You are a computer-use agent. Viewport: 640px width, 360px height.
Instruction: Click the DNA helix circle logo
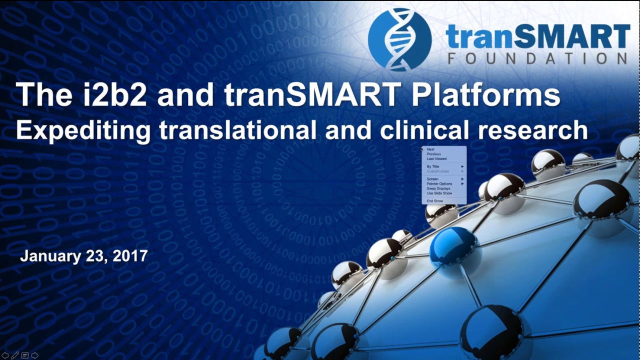tap(399, 39)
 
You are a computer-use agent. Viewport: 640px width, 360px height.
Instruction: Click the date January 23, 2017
tap(83, 256)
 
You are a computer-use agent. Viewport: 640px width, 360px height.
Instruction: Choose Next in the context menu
tap(430, 149)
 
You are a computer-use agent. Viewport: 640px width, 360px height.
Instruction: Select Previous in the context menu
tap(433, 154)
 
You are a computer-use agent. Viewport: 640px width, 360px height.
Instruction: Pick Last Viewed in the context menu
tap(436, 159)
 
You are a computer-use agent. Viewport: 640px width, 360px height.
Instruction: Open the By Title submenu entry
tap(433, 166)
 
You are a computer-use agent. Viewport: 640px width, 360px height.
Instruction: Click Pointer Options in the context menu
tap(439, 184)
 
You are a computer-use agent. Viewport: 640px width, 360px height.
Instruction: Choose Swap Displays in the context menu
tap(438, 188)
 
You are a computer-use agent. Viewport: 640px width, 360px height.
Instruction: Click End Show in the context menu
tap(435, 201)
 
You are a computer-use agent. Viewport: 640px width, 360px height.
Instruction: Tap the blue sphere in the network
tap(453, 244)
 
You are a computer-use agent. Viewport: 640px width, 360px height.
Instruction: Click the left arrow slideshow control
tap(5, 355)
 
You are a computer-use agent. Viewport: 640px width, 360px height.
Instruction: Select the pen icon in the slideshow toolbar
tap(15, 355)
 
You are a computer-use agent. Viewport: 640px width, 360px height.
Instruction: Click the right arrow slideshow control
tap(34, 355)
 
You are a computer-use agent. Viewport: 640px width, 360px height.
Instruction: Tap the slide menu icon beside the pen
tap(24, 355)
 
